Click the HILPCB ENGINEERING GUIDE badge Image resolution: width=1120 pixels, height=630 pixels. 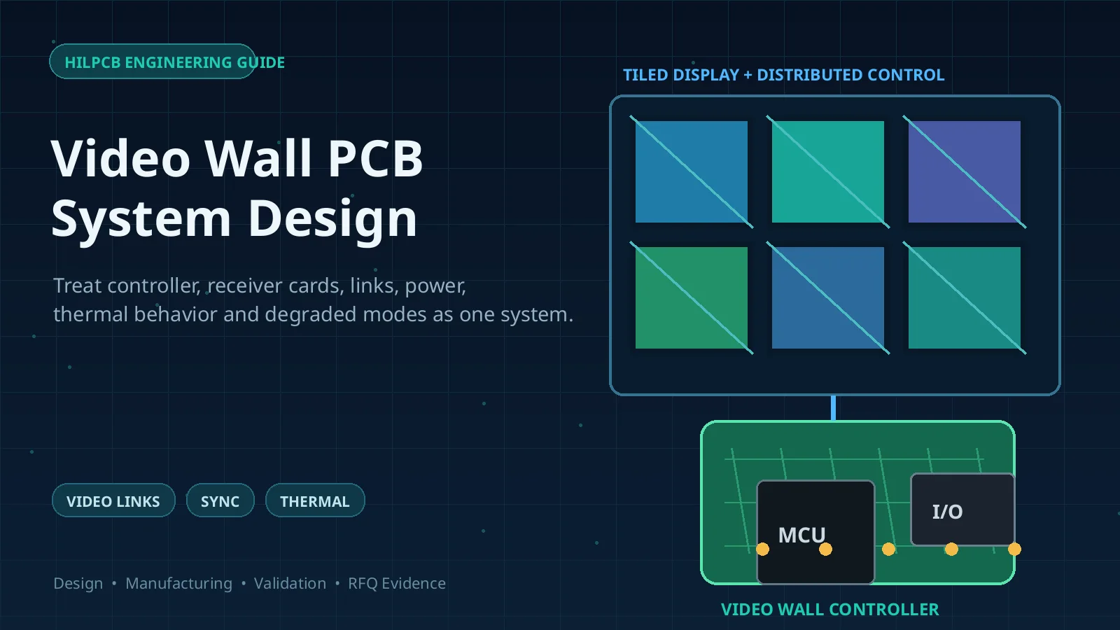[153, 62]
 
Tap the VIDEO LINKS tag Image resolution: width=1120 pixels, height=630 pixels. [113, 500]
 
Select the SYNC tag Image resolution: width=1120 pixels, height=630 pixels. [220, 500]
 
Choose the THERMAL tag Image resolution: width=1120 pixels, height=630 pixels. [315, 500]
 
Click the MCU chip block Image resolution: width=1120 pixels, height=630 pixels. [816, 532]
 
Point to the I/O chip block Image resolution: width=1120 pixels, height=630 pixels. [962, 510]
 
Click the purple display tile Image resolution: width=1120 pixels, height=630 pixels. [965, 171]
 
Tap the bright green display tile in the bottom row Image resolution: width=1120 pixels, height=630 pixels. [692, 297]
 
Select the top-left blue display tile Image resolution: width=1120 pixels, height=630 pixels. [692, 171]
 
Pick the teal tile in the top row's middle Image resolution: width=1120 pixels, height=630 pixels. [828, 171]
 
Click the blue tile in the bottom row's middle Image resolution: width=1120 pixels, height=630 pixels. [828, 297]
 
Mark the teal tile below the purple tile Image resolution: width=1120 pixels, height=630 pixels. [965, 297]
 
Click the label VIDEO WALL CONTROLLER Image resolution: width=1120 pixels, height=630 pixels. [830, 610]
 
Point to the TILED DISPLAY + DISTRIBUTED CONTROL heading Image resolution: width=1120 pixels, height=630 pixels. [783, 75]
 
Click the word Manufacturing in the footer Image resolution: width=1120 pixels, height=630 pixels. [179, 584]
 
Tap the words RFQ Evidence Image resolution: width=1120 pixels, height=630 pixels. [397, 584]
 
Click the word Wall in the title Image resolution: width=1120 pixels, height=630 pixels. [259, 158]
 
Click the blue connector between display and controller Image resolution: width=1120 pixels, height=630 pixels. [833, 408]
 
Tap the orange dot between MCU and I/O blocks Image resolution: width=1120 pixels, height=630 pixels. [888, 549]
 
